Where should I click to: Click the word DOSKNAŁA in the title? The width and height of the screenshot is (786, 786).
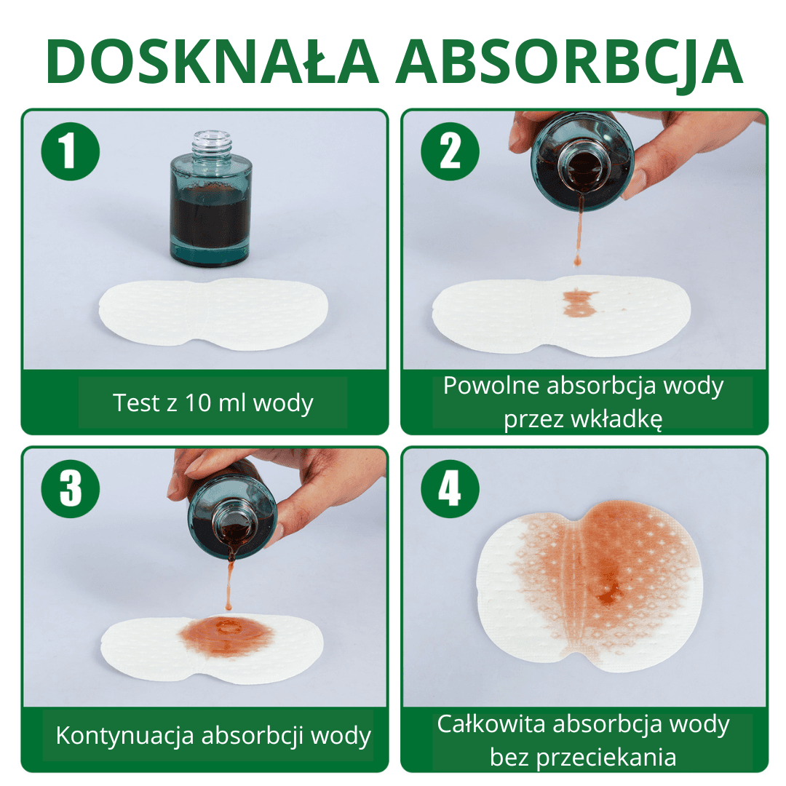(x=212, y=61)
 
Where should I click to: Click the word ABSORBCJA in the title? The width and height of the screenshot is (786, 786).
(x=569, y=62)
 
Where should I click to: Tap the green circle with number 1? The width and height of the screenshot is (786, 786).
(x=70, y=151)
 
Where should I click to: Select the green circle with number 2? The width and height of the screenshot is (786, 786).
(x=450, y=151)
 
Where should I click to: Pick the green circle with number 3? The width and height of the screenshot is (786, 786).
(x=70, y=489)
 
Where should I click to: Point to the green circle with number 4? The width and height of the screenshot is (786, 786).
(x=450, y=489)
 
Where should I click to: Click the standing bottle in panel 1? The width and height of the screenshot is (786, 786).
(x=210, y=199)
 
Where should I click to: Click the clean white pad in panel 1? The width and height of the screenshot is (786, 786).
(x=213, y=315)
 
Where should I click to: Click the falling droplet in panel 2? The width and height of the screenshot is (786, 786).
(x=577, y=260)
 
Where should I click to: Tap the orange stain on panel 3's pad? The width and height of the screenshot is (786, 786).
(x=226, y=636)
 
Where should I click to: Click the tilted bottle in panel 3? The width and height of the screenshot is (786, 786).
(x=232, y=516)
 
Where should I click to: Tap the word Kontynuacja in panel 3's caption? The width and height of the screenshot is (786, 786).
(x=125, y=736)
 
